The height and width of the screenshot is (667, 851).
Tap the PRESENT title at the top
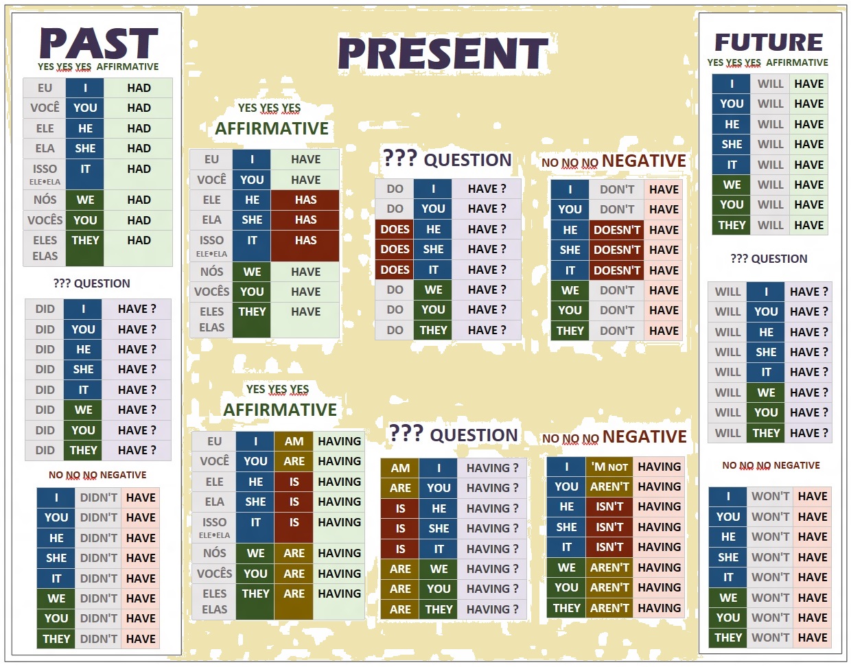[443, 54]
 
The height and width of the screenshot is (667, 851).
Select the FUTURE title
[769, 43]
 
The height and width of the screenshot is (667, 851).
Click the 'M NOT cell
[609, 467]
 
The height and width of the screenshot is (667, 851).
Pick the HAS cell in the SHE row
[305, 220]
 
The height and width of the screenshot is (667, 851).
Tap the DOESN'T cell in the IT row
[616, 270]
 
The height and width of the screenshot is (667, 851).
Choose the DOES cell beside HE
[395, 229]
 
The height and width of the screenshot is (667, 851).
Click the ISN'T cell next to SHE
[609, 527]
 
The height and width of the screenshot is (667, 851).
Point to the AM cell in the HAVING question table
[400, 468]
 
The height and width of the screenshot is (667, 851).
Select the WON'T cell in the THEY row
[770, 637]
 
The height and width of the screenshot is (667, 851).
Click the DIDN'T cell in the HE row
[99, 538]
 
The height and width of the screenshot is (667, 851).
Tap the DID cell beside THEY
[45, 450]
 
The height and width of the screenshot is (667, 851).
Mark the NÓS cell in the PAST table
[45, 200]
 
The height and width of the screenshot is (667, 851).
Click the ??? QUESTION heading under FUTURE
[769, 259]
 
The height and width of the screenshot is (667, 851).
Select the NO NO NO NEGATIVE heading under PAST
[97, 475]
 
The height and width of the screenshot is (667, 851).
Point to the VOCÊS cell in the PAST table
[45, 220]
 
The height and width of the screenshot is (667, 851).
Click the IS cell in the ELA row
[294, 502]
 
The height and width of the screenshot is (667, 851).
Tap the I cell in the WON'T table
[728, 496]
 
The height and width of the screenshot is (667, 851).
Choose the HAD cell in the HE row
[139, 128]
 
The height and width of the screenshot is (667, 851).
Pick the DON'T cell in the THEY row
[616, 331]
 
